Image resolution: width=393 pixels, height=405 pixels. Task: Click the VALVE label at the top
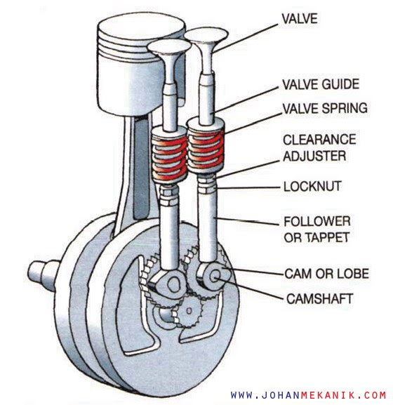tap(300, 19)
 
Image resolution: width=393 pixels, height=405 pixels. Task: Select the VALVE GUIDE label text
tap(321, 84)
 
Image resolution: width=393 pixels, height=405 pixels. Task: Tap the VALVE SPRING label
tap(325, 108)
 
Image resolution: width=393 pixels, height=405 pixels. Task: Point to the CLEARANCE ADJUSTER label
tap(319, 147)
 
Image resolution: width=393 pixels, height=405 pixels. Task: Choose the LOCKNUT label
tap(313, 187)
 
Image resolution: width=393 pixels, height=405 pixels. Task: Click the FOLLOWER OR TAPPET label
tap(317, 230)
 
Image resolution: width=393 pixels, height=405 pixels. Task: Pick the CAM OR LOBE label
tap(326, 274)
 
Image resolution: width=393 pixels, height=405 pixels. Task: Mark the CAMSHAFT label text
tap(320, 299)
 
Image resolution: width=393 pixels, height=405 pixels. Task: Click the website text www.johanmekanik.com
tap(309, 395)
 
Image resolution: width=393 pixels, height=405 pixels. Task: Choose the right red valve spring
tap(206, 150)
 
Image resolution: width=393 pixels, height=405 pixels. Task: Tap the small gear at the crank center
tap(189, 311)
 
